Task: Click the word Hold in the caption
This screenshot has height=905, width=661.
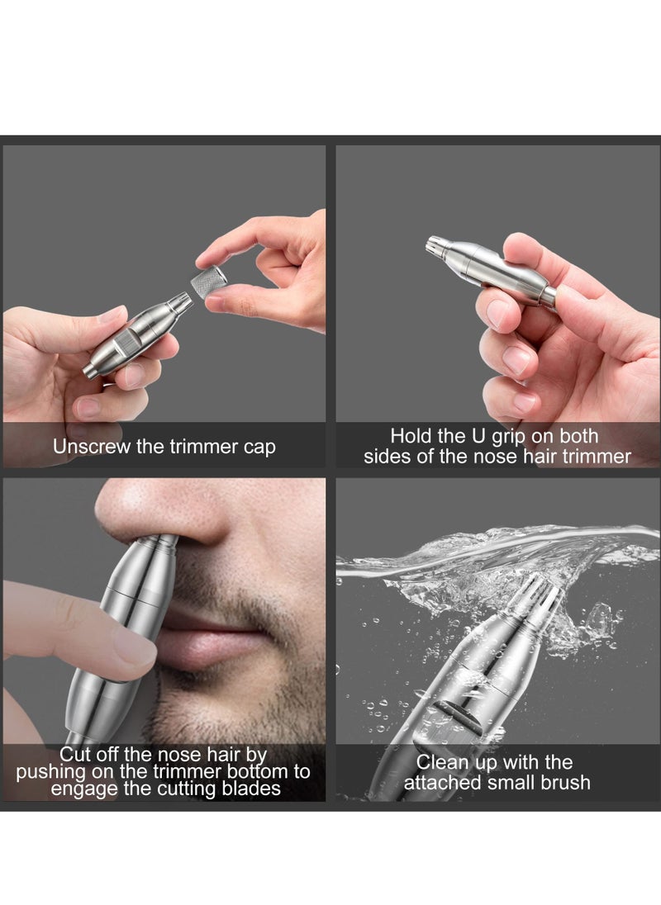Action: point(411,435)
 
